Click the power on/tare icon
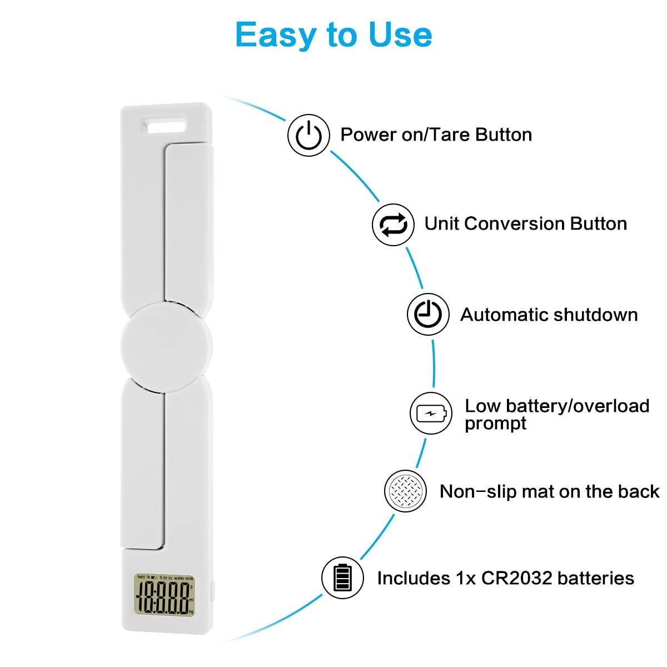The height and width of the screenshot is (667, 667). click(308, 135)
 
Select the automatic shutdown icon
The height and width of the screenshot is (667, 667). click(428, 315)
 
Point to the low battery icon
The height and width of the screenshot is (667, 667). click(431, 414)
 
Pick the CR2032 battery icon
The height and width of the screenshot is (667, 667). click(343, 578)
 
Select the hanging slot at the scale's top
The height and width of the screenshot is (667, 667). click(166, 125)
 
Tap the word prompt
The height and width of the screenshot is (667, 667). click(495, 424)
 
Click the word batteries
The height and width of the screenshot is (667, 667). click(596, 578)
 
